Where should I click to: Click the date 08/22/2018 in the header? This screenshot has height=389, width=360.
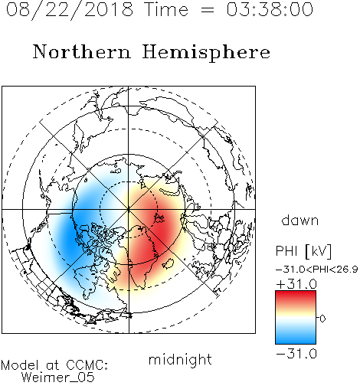[x=70, y=10]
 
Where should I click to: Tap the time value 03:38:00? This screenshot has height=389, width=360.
[x=270, y=9]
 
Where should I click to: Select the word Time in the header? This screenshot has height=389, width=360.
[x=166, y=9]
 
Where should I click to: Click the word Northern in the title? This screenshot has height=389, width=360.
[x=82, y=51]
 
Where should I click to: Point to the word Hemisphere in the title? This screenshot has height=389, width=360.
[x=206, y=53]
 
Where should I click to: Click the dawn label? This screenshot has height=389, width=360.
[x=300, y=220]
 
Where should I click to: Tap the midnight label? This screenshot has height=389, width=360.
[x=180, y=359]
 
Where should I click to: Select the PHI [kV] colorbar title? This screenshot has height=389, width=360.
[x=303, y=251]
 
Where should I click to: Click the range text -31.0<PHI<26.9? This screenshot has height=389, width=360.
[x=316, y=269]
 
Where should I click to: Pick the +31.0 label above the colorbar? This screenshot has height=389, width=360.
[x=296, y=284]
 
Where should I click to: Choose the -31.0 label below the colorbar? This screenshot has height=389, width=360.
[x=296, y=354]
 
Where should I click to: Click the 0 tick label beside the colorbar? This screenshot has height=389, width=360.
[x=322, y=319]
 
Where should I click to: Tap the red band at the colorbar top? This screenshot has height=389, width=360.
[x=296, y=296]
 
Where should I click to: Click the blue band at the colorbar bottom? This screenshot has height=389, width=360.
[x=296, y=338]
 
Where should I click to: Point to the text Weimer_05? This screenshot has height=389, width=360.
[x=58, y=378]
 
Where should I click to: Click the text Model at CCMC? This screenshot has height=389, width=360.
[x=54, y=365]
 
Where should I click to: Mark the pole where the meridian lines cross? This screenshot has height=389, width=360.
[x=129, y=210]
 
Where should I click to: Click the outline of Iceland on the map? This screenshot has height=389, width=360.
[x=168, y=263]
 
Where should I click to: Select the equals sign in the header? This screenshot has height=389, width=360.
[x=208, y=10]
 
